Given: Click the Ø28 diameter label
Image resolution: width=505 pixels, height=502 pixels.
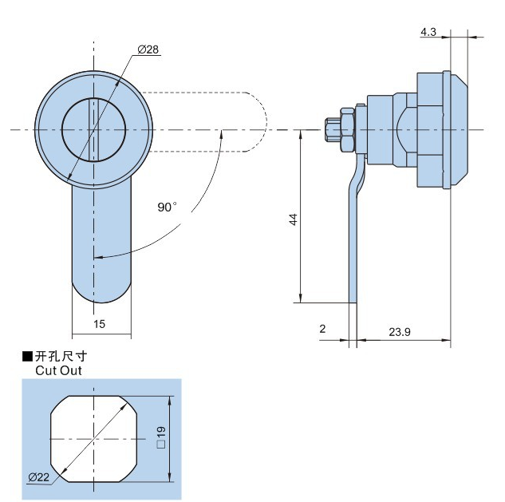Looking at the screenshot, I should pyautogui.click(x=148, y=49).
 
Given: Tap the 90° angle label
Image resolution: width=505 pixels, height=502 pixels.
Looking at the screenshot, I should pyautogui.click(x=167, y=207).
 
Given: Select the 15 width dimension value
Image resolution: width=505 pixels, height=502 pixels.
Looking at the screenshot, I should pyautogui.click(x=99, y=324).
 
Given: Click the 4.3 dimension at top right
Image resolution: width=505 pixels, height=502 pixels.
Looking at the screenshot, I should pyautogui.click(x=428, y=32).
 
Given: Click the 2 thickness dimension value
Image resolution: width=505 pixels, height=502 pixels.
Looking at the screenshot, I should pyautogui.click(x=322, y=329).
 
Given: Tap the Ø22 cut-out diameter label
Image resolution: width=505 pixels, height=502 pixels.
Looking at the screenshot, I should pyautogui.click(x=38, y=477).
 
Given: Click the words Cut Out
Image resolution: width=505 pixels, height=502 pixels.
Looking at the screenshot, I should pyautogui.click(x=58, y=370).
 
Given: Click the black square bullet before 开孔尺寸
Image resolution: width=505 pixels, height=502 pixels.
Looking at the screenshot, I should pyautogui.click(x=27, y=356).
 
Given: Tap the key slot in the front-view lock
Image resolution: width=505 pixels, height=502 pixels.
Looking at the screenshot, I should pyautogui.click(x=93, y=128).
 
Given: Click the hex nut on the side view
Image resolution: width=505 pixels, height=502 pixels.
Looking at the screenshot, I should pyautogui.click(x=345, y=130).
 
